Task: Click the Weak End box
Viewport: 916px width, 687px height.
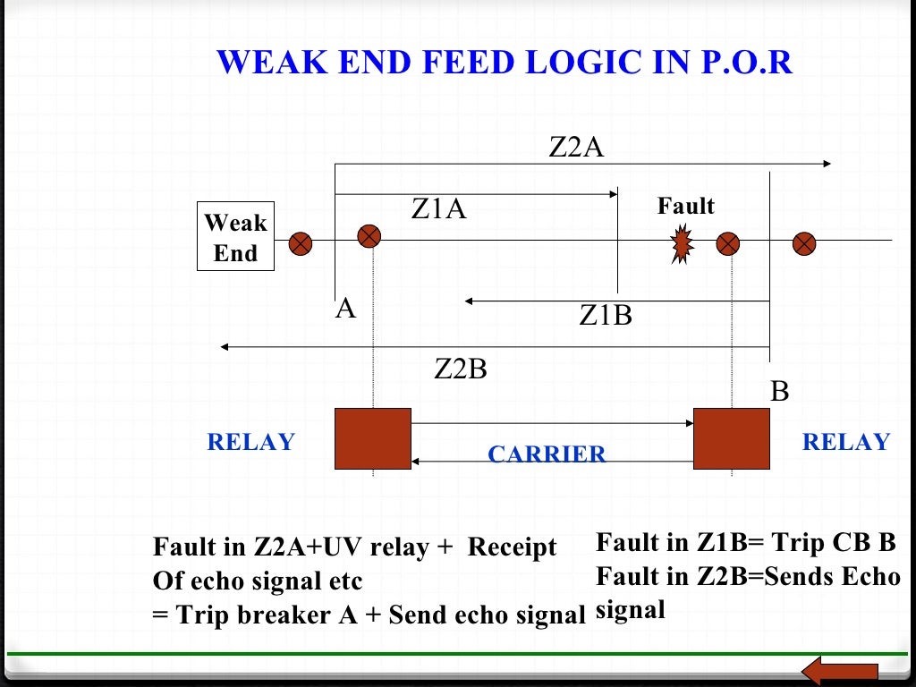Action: coord(235,238)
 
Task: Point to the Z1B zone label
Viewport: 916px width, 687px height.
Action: coord(606,316)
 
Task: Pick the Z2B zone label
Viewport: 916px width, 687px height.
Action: coord(461,369)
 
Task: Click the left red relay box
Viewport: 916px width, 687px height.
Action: coord(373,438)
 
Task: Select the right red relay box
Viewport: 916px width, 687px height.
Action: coord(732,438)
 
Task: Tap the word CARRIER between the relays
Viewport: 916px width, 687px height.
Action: coord(547,454)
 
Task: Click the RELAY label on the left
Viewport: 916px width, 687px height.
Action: coord(250,442)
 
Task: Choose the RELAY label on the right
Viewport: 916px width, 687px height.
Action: coord(846,442)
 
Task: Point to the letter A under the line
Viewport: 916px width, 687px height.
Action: coord(346,310)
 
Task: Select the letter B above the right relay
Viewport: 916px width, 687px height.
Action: coord(780,392)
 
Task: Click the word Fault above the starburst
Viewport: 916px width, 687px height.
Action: coord(686,207)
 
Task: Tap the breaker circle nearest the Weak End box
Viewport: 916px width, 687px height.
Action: coord(302,242)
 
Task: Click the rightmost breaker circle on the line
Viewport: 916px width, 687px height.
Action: coord(805,242)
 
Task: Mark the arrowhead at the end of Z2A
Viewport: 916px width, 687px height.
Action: coord(827,164)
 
